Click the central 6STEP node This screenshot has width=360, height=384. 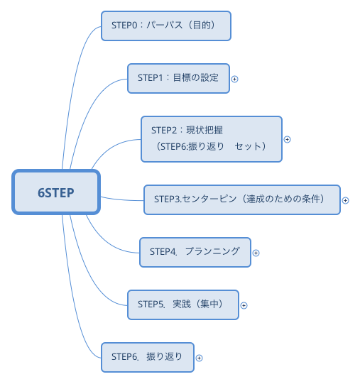click(55, 192)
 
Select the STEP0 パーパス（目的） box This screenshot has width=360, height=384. click(167, 26)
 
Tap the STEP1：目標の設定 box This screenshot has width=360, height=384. click(179, 78)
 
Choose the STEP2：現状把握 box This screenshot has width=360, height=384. click(212, 138)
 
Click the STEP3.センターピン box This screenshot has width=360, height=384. click(241, 199)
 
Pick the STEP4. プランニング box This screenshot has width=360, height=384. click(195, 251)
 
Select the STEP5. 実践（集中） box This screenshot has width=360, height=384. click(182, 304)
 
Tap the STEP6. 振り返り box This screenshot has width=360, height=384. click(147, 357)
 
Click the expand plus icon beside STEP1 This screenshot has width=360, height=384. click(235, 79)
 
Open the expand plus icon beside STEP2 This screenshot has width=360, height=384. click(288, 139)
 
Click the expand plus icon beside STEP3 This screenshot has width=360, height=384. click(346, 200)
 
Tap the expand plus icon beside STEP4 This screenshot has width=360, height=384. click(256, 253)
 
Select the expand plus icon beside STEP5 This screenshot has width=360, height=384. click(244, 305)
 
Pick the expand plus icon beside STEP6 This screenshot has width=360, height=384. click(200, 358)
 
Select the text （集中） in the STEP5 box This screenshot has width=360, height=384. click(209, 304)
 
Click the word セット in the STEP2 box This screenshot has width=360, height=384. click(246, 146)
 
